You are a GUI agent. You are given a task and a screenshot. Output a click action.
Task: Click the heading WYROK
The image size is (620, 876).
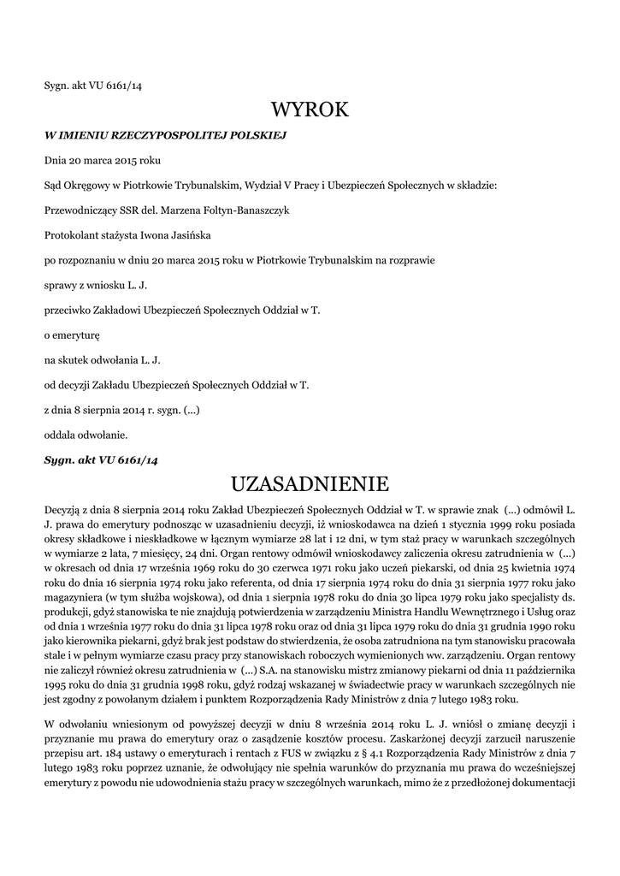coord(310,109)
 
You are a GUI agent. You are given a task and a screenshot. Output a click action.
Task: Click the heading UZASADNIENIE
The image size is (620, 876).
coord(310,484)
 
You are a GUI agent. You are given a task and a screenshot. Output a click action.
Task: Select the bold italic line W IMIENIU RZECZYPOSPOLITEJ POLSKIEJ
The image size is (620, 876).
coord(165,135)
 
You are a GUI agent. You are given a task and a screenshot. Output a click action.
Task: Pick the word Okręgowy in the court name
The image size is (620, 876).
coord(86,184)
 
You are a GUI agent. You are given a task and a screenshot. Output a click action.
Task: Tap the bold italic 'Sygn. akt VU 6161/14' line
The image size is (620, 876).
coord(101,460)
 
